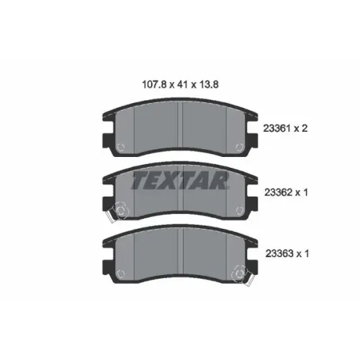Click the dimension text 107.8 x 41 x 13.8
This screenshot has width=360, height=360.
pos(180,84)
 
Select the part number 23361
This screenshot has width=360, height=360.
pos(277,129)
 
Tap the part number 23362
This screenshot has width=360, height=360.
pos(279,192)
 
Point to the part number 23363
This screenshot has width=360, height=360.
pos(279,253)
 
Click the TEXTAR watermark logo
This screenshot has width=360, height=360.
pos(180,180)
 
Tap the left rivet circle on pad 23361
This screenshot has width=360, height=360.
pos(120,147)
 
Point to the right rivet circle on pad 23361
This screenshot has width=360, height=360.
pos(240,147)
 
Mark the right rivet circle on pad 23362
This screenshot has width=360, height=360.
pos(240,210)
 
